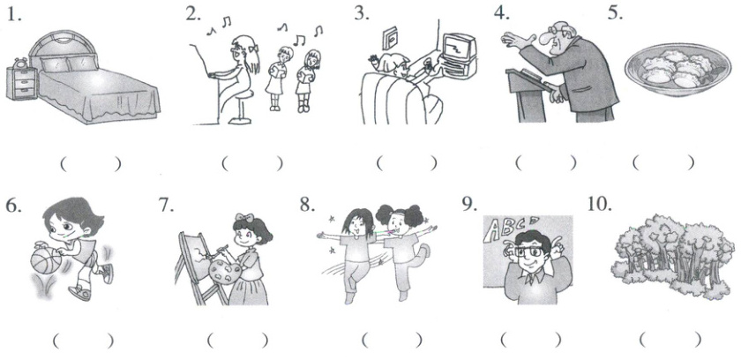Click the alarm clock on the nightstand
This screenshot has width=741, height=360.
[x=21, y=64]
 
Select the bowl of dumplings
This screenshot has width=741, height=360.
[x=671, y=70]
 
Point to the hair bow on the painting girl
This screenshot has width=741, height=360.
[x=245, y=218]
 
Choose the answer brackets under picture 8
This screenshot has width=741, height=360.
[x=392, y=340]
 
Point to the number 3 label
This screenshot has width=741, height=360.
[x=362, y=13]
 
